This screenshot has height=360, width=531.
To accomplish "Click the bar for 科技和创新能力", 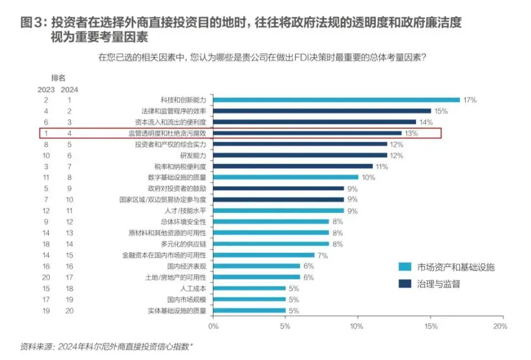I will (x=336, y=100).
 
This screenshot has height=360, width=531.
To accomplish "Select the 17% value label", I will (x=470, y=100).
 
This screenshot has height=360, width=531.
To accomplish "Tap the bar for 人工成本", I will (x=249, y=288).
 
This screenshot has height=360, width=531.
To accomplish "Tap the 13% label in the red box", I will (x=410, y=133).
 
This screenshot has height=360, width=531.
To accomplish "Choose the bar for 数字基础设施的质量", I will (x=286, y=178).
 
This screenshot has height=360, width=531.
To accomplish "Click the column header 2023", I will (x=46, y=89).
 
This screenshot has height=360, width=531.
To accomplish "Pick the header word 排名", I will (x=58, y=78).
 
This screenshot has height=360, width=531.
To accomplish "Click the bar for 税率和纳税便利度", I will (x=293, y=166).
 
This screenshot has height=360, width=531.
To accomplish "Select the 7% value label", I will (x=323, y=255).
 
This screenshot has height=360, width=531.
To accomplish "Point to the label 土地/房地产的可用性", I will (x=175, y=277).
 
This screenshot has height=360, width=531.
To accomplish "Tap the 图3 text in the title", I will (x=33, y=23).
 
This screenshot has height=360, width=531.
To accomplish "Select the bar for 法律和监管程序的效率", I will (x=322, y=111).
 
